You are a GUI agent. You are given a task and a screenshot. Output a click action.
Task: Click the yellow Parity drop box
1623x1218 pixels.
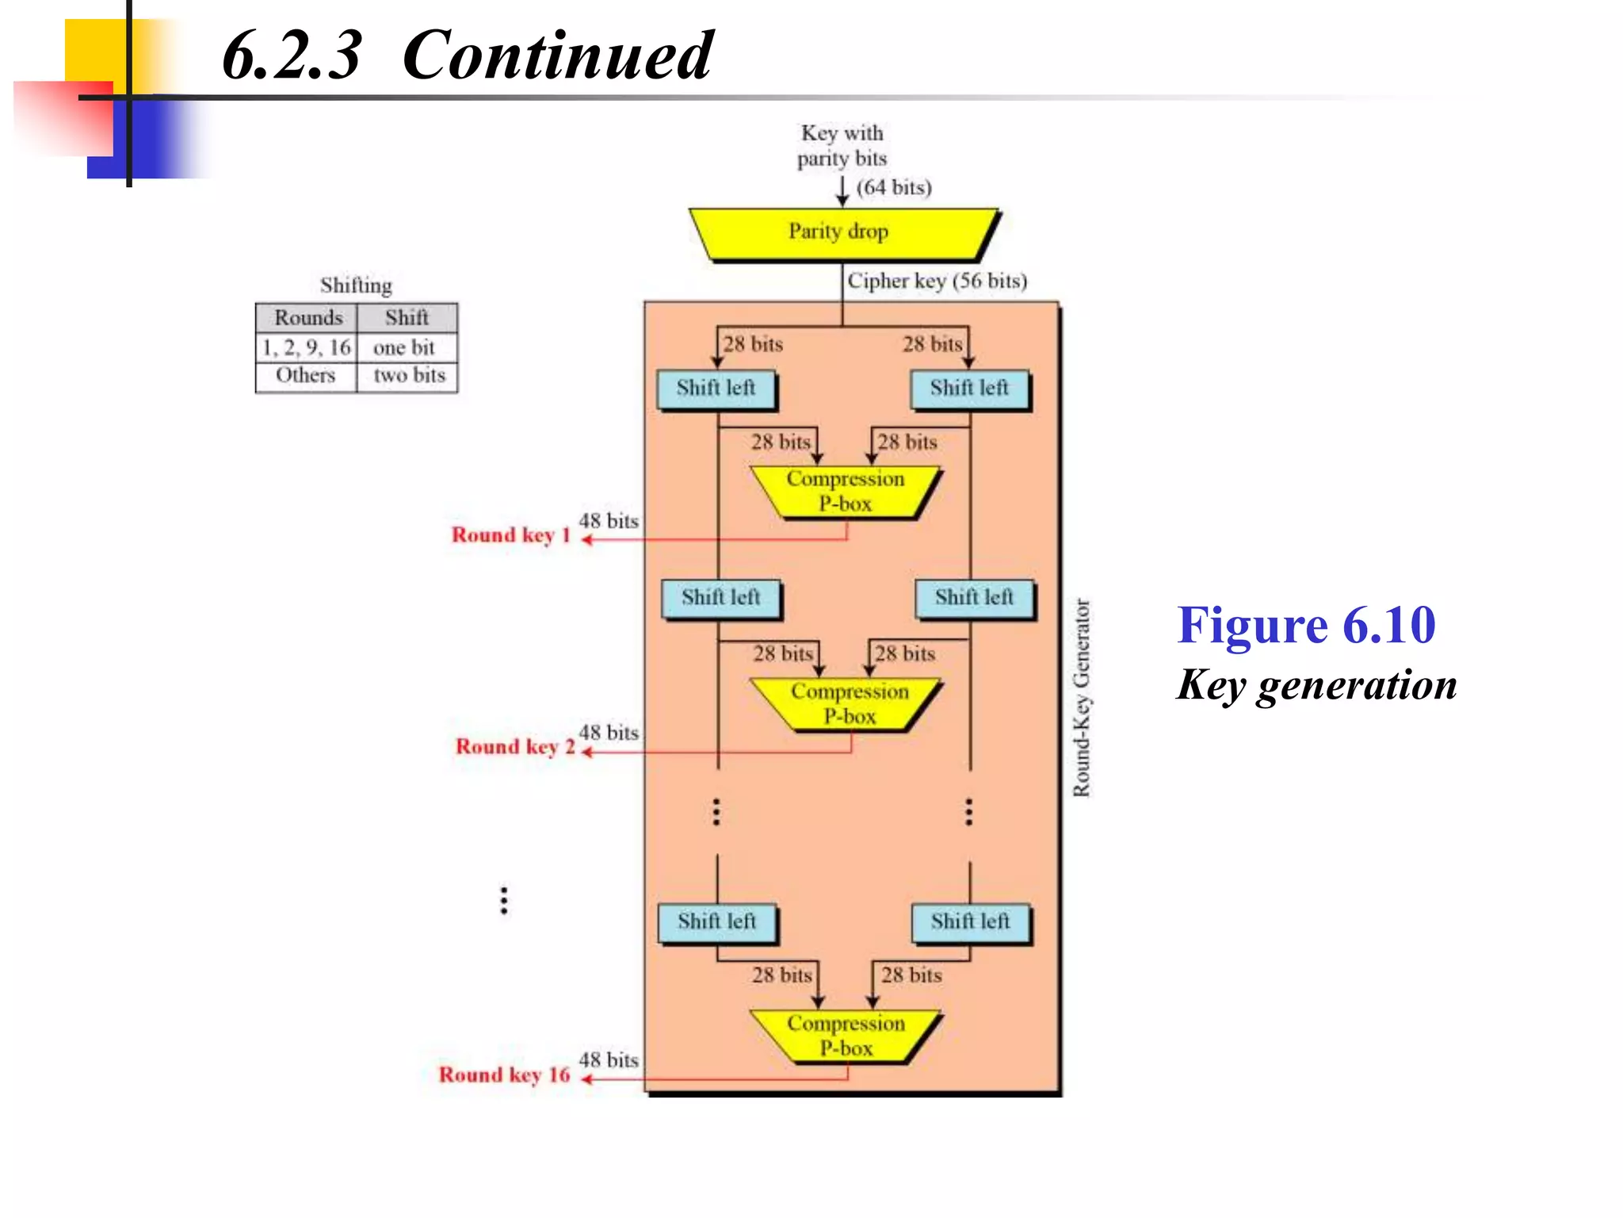pos(840,232)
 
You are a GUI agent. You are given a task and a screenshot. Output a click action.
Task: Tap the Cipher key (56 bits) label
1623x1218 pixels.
pos(937,281)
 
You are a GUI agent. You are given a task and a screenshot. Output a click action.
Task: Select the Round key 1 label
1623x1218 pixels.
pos(511,535)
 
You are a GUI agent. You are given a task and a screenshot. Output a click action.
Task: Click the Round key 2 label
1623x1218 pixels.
pos(515,747)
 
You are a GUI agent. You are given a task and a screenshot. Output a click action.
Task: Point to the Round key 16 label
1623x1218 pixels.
pos(505,1075)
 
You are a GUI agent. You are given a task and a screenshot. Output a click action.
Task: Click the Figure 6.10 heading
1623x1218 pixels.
pos(1305,626)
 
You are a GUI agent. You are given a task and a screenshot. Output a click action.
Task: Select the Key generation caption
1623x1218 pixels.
pos(1316,685)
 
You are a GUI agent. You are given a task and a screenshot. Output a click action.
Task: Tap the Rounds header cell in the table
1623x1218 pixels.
pos(307,318)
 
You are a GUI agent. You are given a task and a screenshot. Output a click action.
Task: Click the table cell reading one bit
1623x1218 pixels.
pos(404,347)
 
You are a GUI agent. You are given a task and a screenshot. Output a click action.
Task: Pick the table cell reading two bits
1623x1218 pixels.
pos(409,375)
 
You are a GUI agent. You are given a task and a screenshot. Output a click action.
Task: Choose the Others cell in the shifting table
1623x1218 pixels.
pos(305,375)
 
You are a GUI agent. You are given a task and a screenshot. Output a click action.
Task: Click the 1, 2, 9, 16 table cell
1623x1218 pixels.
pos(306,347)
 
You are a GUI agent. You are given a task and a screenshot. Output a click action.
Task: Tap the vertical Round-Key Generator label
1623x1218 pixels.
pos(1082,698)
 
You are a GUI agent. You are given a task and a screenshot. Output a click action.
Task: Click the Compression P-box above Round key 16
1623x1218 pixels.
pos(846,1036)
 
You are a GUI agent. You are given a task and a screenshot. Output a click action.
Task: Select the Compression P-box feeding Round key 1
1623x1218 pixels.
pos(845,492)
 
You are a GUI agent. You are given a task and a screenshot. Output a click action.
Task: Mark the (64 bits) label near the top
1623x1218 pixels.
pos(894,188)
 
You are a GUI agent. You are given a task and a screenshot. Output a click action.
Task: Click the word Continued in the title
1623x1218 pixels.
pos(557,56)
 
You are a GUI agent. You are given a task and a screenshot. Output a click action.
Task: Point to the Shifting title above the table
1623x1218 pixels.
pos(356,285)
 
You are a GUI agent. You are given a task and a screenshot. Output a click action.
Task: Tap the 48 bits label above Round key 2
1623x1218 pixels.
pos(609,733)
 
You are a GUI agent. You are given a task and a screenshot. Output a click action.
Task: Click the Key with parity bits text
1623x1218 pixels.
pos(842,146)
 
